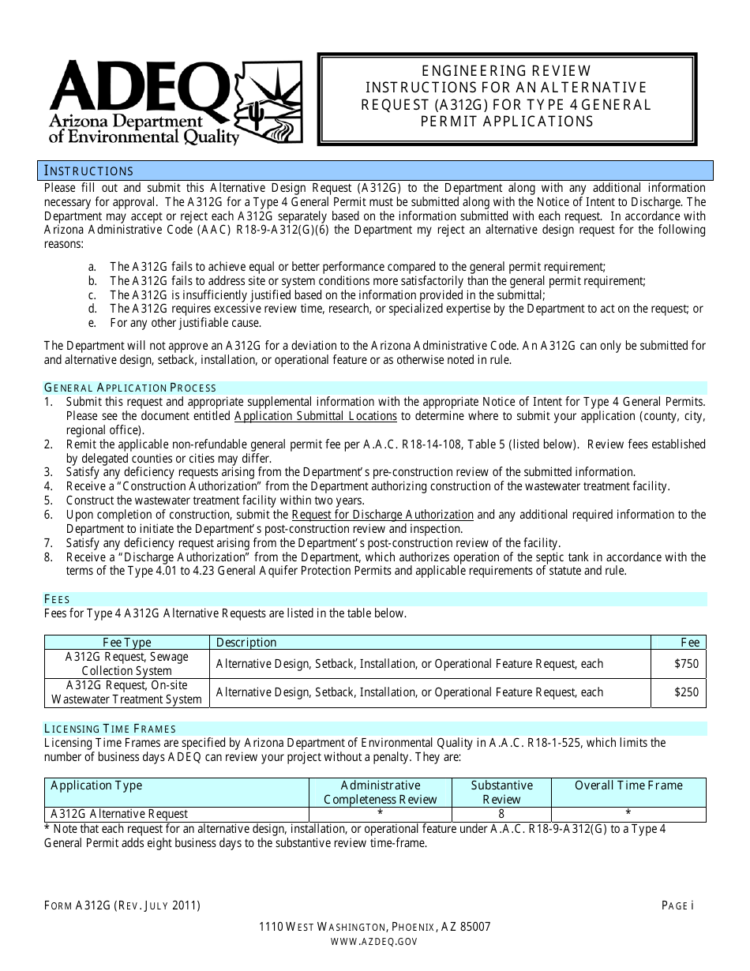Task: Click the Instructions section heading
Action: [x=88, y=171]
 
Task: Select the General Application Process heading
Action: [x=130, y=388]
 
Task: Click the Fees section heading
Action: [x=57, y=600]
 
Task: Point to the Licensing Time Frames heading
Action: [x=110, y=729]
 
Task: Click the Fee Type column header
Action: [x=126, y=643]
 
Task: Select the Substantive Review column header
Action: [x=501, y=792]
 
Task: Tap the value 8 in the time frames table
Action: [x=501, y=814]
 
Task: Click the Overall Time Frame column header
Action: [x=628, y=785]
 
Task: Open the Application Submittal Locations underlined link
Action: [x=316, y=416]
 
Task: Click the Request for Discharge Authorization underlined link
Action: [x=382, y=515]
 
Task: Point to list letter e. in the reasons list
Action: [x=93, y=323]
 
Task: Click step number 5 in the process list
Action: [x=49, y=500]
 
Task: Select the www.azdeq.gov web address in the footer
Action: [x=375, y=941]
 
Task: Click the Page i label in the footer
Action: [x=677, y=906]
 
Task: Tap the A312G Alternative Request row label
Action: [x=119, y=814]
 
